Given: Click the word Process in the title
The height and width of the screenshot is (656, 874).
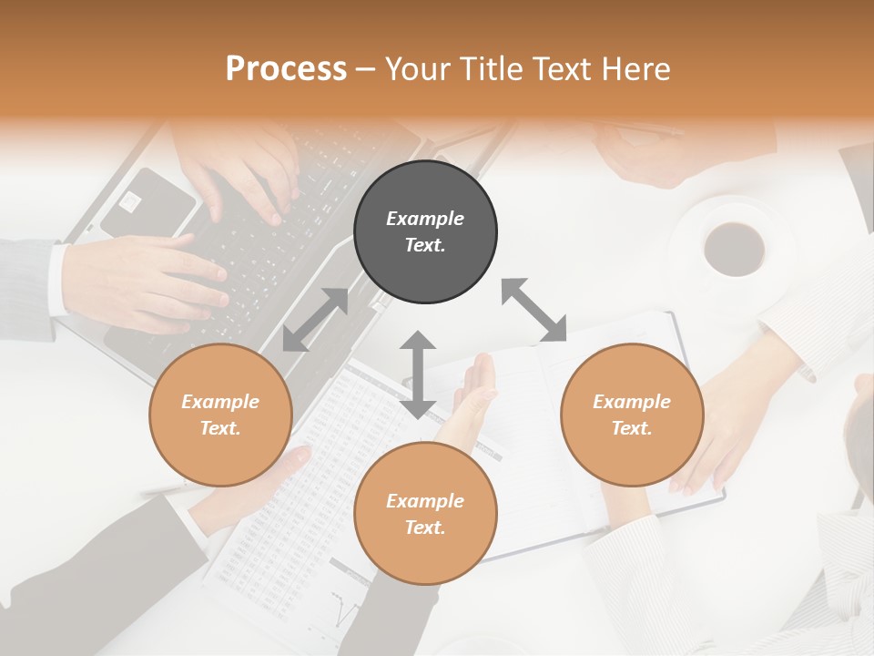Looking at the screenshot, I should click(x=286, y=69).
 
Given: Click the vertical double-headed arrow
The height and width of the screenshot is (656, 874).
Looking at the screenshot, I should click(x=418, y=374).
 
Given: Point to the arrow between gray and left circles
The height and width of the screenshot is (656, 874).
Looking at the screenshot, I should click(x=315, y=320).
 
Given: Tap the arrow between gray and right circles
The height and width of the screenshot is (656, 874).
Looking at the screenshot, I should click(x=534, y=311).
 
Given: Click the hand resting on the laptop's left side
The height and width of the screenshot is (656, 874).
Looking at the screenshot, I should click(x=146, y=282).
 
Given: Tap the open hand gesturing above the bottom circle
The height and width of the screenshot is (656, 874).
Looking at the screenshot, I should click(x=473, y=401).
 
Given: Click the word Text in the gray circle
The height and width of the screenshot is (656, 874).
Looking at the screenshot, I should click(x=424, y=245).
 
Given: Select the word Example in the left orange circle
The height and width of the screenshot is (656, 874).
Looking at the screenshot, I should click(x=220, y=402).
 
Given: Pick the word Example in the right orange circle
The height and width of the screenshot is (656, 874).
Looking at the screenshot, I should click(x=632, y=402).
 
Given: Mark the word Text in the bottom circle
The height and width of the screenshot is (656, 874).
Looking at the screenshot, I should click(x=424, y=528).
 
